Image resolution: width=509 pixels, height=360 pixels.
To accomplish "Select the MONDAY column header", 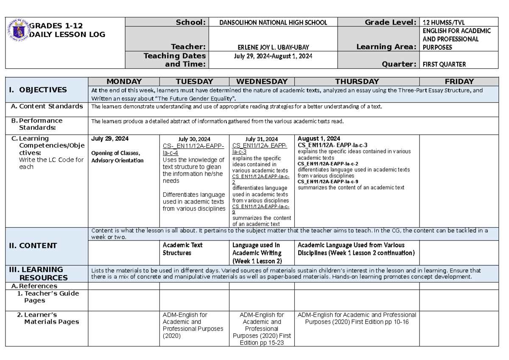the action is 124,81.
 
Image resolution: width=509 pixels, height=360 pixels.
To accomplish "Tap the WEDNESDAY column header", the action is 262,81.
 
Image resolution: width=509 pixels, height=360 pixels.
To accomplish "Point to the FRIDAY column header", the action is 459,81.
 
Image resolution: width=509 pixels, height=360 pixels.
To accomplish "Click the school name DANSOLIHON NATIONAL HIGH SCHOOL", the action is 273,22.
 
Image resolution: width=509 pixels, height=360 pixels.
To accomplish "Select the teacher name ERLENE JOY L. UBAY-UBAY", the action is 273,47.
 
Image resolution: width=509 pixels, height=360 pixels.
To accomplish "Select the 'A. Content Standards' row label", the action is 47,106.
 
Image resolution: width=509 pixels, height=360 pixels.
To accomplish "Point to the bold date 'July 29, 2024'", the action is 110,139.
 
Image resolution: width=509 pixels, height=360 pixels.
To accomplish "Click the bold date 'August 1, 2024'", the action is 319,139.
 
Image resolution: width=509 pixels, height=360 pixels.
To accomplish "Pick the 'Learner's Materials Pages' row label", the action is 48,318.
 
